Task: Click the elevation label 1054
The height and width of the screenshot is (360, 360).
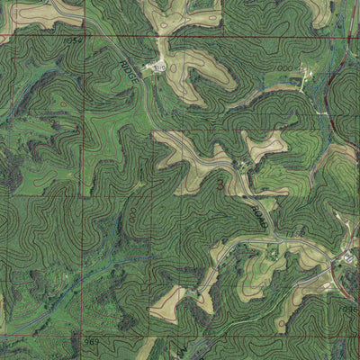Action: pyautogui.click(x=74, y=40)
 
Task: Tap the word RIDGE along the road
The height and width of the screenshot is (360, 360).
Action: pyautogui.click(x=131, y=71)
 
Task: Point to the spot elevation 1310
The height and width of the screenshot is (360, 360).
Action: pyautogui.click(x=159, y=67)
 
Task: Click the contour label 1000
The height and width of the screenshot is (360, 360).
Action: pyautogui.click(x=284, y=68)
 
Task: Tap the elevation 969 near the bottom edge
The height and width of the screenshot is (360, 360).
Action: pyautogui.click(x=91, y=342)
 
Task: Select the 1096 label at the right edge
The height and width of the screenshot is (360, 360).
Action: pyautogui.click(x=349, y=308)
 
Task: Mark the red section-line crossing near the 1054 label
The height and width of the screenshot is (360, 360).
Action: pyautogui.click(x=88, y=37)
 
